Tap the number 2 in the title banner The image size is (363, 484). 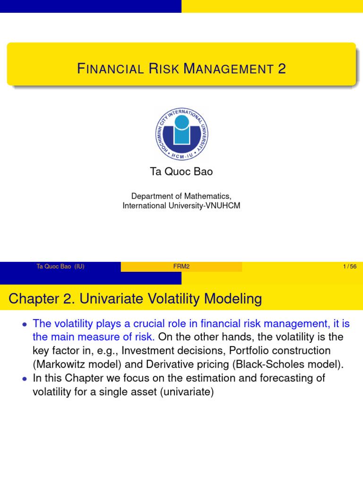coord(282,69)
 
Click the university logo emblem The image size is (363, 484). coord(181,133)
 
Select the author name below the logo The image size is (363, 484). coord(181,172)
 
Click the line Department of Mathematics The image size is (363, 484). coord(181,196)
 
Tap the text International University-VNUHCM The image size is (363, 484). coord(181,206)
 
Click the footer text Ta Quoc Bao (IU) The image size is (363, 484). coord(60,267)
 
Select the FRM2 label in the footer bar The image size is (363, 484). coord(181,267)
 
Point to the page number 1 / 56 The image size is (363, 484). coord(350,267)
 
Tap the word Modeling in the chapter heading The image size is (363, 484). coord(234,299)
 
